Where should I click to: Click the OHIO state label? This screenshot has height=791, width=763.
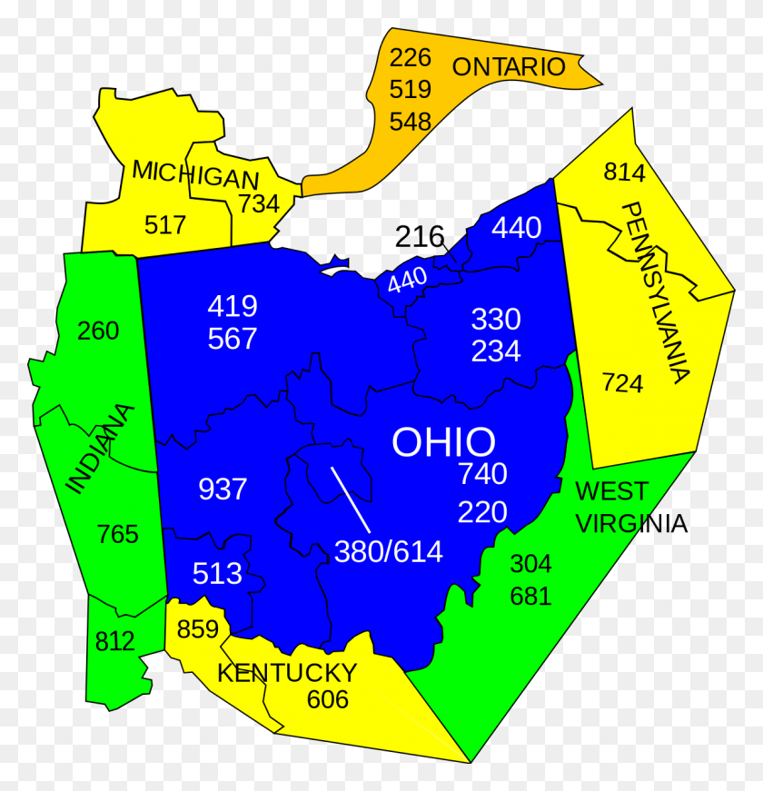click(x=444, y=442)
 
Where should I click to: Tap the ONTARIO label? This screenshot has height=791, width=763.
click(x=509, y=66)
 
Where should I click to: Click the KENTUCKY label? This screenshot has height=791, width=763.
click(x=287, y=673)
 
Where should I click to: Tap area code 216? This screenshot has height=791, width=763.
click(x=420, y=238)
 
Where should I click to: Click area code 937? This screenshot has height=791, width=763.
click(x=223, y=489)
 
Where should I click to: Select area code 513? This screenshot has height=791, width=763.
click(x=218, y=574)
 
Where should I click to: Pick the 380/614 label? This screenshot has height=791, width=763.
click(x=389, y=551)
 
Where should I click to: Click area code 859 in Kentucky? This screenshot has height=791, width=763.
click(x=198, y=629)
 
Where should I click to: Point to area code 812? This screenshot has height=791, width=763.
click(x=115, y=642)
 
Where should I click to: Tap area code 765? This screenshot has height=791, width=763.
click(x=118, y=534)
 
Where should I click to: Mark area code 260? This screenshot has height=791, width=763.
click(x=98, y=331)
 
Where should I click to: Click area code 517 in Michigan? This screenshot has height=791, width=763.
click(x=164, y=224)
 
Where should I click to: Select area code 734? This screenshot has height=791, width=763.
click(x=259, y=203)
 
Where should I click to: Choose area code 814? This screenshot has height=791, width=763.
click(x=624, y=173)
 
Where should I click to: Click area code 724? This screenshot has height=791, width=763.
click(x=622, y=383)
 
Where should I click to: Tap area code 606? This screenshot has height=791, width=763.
click(x=327, y=699)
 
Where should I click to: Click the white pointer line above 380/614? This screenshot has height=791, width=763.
click(x=351, y=499)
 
